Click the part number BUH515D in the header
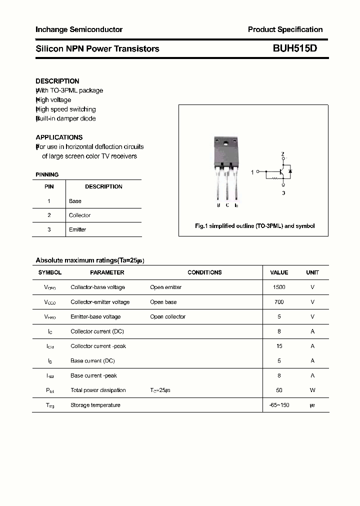(x=294, y=48)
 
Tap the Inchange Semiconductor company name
(x=79, y=29)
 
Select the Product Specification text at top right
(x=285, y=29)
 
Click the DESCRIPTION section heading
(x=57, y=81)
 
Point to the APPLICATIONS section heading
(x=59, y=137)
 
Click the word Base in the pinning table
(x=75, y=201)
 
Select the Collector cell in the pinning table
(x=79, y=215)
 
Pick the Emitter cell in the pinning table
(x=77, y=229)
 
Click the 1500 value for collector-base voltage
(x=279, y=287)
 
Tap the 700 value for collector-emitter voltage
(x=279, y=302)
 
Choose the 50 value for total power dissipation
(x=279, y=390)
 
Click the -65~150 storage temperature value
(x=279, y=405)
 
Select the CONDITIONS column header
(x=204, y=272)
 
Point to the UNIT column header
(x=312, y=272)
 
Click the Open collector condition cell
(x=167, y=317)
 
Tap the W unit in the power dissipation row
(x=312, y=390)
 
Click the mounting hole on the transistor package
(x=226, y=145)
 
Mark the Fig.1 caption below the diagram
(x=254, y=226)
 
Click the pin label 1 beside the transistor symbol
(x=252, y=171)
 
